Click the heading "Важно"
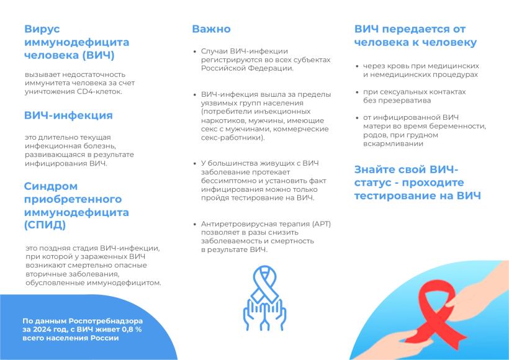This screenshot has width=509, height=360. click(211, 29)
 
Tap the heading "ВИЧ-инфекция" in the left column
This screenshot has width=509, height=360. click(68, 115)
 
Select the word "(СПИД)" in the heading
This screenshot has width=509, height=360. click(45, 225)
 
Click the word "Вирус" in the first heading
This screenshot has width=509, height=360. click(42, 29)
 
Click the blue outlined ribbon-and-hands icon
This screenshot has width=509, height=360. click(265, 299)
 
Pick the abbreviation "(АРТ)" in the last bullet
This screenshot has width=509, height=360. click(321, 224)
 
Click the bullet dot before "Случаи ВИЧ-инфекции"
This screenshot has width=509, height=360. click(195, 52)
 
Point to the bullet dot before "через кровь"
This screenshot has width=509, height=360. click(357, 66)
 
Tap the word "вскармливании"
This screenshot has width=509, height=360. click(393, 143)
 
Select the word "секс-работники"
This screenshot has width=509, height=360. click(232, 138)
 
